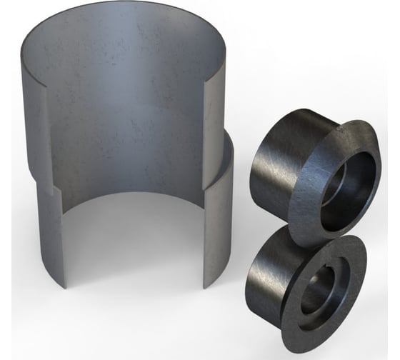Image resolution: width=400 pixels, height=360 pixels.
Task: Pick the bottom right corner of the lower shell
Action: (208, 286)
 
